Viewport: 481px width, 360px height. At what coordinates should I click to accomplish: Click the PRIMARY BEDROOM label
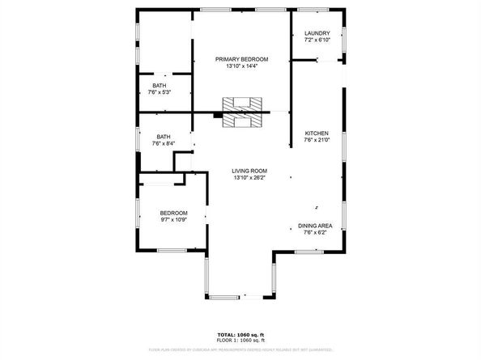tap(241, 59)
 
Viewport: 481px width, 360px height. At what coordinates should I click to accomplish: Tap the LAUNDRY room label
tap(317, 33)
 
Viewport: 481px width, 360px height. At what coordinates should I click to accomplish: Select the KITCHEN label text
tap(316, 133)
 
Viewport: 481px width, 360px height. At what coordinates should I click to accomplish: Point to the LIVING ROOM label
tap(249, 171)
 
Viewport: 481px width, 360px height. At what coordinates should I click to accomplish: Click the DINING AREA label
tap(315, 226)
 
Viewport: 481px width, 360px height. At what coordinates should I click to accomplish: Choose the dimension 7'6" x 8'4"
tap(163, 144)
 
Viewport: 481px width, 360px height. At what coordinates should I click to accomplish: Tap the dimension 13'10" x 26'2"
tap(249, 178)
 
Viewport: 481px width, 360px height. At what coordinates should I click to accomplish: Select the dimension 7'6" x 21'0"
tap(316, 141)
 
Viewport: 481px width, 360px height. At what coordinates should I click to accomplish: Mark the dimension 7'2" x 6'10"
tap(317, 40)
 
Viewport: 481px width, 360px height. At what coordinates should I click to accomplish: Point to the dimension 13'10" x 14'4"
tap(241, 66)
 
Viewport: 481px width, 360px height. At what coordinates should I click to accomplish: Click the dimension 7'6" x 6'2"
tap(315, 232)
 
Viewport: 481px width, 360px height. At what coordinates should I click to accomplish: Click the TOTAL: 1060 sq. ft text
tap(240, 334)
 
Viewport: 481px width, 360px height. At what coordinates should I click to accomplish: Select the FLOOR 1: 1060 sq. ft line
tap(240, 340)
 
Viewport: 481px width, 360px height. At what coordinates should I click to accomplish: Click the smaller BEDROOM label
tap(172, 213)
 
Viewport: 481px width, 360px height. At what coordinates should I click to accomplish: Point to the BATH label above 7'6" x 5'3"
tap(160, 86)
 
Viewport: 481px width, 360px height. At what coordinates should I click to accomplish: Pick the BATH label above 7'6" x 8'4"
tap(164, 137)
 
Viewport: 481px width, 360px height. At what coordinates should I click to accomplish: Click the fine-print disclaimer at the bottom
tap(240, 350)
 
